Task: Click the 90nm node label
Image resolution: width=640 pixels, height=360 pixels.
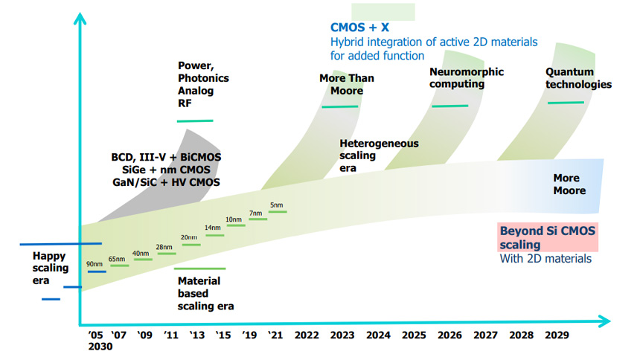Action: [95, 264]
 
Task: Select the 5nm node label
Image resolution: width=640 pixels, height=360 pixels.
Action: [277, 205]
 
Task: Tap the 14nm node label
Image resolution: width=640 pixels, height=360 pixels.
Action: [213, 228]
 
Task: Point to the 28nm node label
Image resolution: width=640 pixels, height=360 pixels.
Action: [164, 247]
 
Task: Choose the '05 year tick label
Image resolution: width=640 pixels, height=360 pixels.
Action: [96, 335]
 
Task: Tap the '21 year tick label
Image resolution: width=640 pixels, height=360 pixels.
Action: [275, 335]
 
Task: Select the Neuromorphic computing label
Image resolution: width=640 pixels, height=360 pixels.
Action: [467, 78]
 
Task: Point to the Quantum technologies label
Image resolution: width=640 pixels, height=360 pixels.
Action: [578, 78]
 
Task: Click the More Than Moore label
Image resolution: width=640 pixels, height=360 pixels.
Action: [346, 84]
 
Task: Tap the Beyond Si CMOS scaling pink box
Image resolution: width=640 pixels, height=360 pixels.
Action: [548, 237]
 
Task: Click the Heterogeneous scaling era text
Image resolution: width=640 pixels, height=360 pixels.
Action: [379, 155]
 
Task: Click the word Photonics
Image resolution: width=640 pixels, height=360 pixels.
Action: [203, 78]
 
